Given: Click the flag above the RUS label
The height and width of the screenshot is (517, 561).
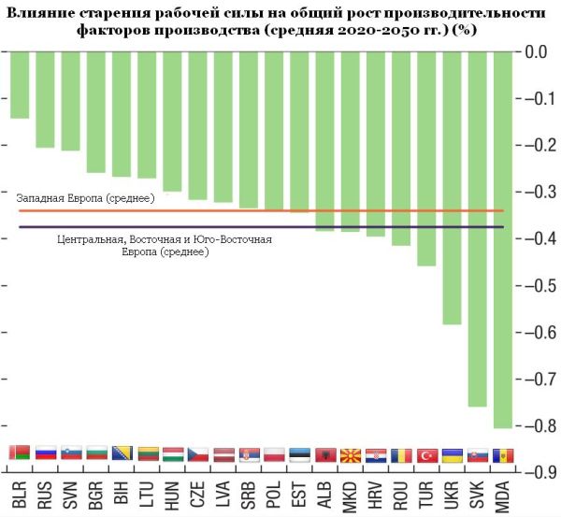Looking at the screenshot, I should (x=45, y=455).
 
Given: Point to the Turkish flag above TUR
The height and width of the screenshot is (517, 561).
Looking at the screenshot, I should (x=426, y=455).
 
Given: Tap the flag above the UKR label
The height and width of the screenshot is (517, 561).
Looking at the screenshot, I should (x=452, y=455).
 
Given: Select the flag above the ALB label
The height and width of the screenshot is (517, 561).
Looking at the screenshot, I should (x=324, y=455).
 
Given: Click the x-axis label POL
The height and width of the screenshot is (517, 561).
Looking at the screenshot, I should (x=274, y=494).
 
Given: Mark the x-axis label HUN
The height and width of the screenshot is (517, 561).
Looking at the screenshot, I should (x=172, y=494).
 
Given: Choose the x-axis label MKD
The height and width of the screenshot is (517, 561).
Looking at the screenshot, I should (x=351, y=494).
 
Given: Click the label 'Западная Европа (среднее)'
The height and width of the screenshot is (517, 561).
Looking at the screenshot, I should (x=77, y=198).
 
